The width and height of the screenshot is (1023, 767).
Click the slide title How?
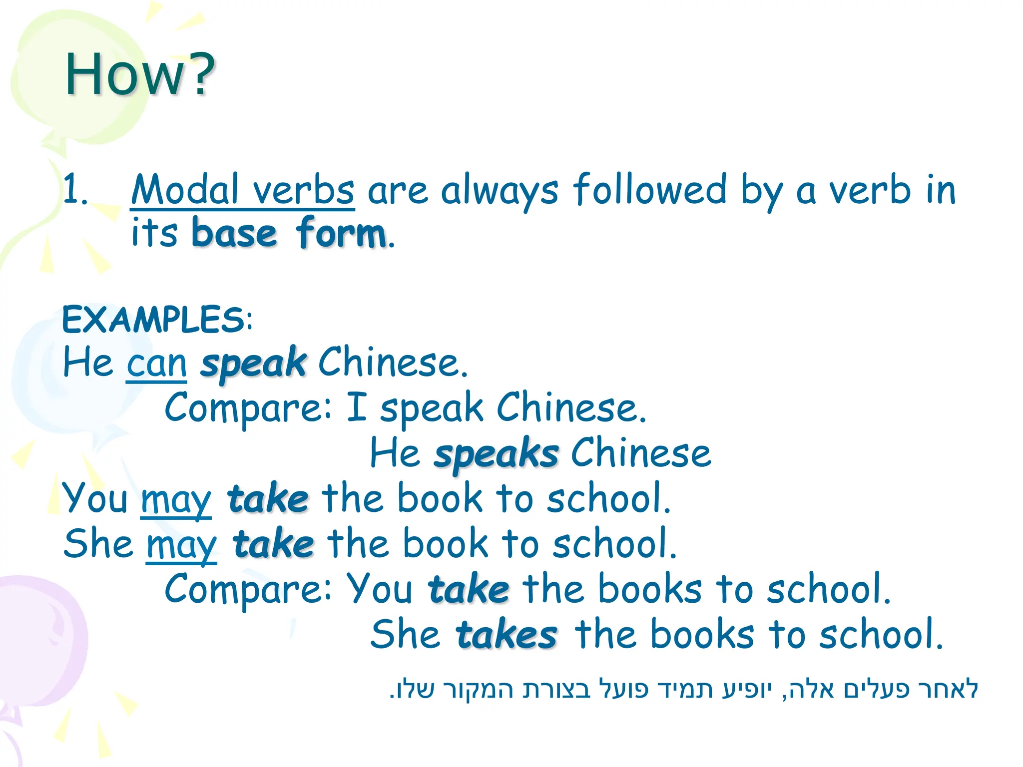[140, 75]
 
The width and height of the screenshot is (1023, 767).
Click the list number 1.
[75, 190]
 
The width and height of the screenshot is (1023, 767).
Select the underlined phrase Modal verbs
[243, 190]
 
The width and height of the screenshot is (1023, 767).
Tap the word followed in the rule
[650, 190]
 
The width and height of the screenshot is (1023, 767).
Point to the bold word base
[234, 233]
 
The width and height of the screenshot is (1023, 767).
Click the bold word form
[341, 233]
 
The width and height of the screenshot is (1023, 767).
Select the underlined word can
[156, 364]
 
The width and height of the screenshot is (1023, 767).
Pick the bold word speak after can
[253, 364]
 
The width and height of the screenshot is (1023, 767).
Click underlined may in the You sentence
[176, 499]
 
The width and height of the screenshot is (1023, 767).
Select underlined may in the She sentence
[181, 544]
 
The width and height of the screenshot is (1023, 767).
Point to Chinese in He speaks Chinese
[641, 453]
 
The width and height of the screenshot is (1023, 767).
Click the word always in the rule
[500, 190]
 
